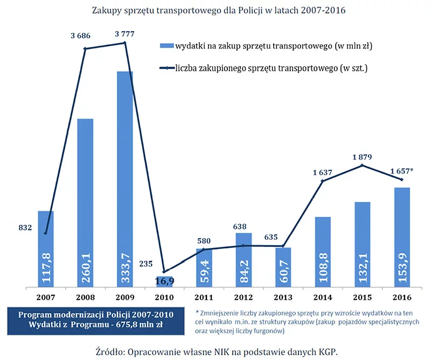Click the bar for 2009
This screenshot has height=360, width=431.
[x=125, y=179]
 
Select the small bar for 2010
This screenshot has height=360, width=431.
[x=164, y=282]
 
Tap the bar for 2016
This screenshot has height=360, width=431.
[x=402, y=237]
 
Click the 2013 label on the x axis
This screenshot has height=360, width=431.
[x=283, y=297]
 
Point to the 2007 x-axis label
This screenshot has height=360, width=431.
[x=46, y=297]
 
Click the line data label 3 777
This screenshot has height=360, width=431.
[x=124, y=34]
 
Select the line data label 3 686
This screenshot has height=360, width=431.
[x=80, y=36]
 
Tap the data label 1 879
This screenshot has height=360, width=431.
[x=362, y=157]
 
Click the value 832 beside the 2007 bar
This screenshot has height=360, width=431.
[x=25, y=228]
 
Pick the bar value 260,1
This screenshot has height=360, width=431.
[x=86, y=268]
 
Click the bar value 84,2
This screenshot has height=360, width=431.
[x=244, y=271]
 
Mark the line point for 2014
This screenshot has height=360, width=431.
[x=322, y=181]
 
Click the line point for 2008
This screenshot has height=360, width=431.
[x=85, y=49]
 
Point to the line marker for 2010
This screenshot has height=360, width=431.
[x=164, y=272]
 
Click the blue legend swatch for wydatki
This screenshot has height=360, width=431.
[x=167, y=46]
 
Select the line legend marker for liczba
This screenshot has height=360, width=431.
[x=167, y=68]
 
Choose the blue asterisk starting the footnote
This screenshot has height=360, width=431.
[x=197, y=312]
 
